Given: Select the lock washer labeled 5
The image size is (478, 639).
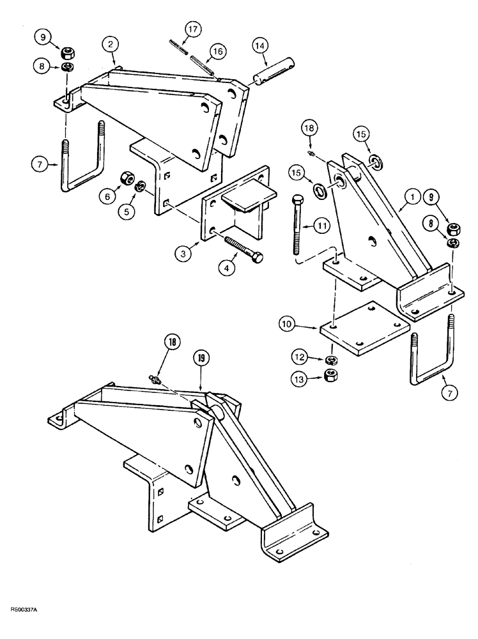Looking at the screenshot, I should pyautogui.click(x=142, y=187).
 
